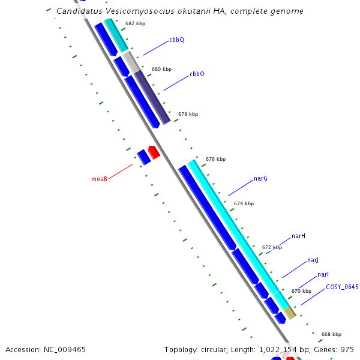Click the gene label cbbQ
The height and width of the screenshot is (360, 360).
176,40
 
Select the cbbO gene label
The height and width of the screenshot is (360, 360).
197,74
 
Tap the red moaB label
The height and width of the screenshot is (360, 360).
99,179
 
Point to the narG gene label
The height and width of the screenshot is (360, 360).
260,179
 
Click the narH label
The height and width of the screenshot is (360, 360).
298,236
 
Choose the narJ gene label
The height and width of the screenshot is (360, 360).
313,260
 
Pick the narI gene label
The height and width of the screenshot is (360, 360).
323,274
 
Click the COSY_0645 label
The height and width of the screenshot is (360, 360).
342,287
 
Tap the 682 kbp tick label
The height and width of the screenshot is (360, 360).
135,24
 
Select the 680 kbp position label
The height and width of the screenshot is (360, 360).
161,70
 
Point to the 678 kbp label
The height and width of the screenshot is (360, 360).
188,114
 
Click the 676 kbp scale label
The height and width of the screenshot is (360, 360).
215,159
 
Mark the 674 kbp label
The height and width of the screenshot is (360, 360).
244,203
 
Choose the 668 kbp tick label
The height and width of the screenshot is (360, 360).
331,334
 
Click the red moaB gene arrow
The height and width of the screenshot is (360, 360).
153,152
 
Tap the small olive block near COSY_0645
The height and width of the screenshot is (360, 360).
290,313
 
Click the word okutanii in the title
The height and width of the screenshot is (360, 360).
181,11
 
